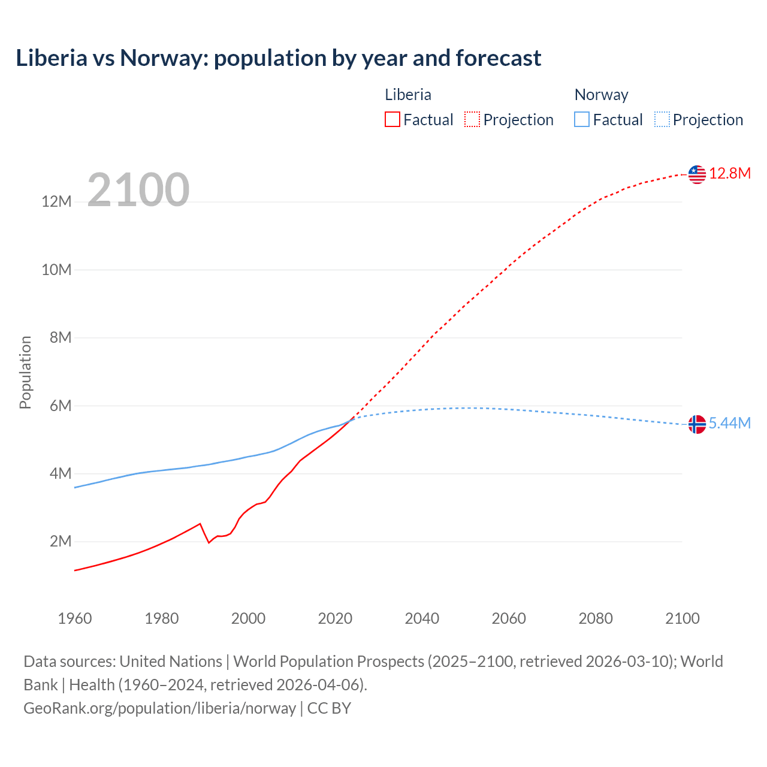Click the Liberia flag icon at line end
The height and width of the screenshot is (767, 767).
(697, 174)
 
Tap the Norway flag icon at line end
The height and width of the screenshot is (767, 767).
(697, 424)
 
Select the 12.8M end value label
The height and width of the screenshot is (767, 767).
(730, 174)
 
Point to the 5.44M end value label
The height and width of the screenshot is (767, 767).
(730, 424)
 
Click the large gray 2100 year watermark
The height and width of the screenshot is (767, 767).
(138, 191)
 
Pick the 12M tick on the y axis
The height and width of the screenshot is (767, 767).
(56, 202)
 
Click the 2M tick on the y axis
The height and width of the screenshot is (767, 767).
(61, 542)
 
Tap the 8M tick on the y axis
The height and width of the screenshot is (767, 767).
(61, 338)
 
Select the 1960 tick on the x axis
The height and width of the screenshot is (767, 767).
(75, 618)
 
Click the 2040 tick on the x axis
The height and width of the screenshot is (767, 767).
(422, 618)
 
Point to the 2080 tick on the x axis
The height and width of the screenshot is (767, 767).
(596, 618)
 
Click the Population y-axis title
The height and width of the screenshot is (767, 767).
(25, 372)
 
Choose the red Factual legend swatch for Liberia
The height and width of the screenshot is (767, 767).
(392, 120)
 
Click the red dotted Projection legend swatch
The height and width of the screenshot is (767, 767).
(472, 120)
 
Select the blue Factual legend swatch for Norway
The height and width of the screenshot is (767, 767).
(582, 120)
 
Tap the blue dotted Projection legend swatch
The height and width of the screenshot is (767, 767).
(662, 120)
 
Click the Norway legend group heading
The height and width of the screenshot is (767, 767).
(601, 95)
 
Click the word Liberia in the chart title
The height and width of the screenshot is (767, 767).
(52, 58)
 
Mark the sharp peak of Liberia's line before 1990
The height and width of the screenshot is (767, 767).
(200, 524)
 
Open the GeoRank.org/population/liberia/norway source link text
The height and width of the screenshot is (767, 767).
(159, 708)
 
